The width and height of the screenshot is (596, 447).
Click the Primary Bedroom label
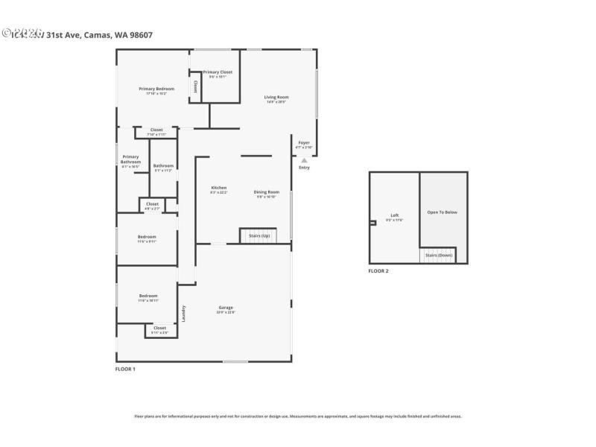coord(156,89)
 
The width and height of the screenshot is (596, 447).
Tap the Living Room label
coord(276,98)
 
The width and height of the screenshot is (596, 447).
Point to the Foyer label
coord(304,142)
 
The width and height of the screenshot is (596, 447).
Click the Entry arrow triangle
coord(304,160)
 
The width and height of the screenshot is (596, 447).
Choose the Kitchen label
coord(218,188)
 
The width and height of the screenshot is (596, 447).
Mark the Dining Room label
coord(267,192)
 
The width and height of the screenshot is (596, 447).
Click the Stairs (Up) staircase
coord(258,235)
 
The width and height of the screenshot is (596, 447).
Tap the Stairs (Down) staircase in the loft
coord(438,255)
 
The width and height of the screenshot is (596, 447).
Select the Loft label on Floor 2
coord(394,216)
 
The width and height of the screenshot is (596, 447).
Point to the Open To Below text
coord(442,212)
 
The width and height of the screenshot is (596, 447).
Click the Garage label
coord(226,308)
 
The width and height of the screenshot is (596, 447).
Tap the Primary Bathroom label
coord(131,159)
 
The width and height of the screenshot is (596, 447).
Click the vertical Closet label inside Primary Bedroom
coord(195,86)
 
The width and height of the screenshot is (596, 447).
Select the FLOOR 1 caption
coord(125,369)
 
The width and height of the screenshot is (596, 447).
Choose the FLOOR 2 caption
coord(378,271)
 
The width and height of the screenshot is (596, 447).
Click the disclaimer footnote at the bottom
coord(298,416)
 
